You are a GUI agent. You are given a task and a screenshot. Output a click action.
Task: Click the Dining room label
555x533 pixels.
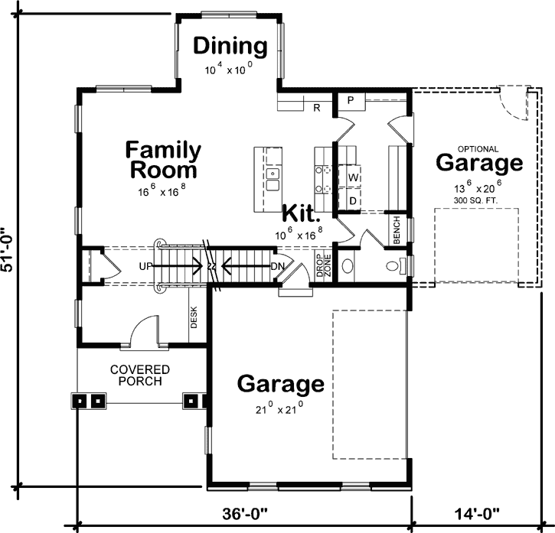coord(230,47)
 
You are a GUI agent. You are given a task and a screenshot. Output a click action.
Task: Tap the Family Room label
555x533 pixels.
coord(163,159)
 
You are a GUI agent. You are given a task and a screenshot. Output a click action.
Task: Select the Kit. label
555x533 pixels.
coord(302,213)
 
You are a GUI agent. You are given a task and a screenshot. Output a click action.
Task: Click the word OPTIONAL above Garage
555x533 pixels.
coord(478,149)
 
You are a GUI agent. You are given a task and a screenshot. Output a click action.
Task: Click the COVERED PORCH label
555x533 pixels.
coord(139,375)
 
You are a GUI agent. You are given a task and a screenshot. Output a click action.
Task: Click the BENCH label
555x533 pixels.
coord(397,230)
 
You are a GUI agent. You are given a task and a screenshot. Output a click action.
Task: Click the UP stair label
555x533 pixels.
coord(146,267)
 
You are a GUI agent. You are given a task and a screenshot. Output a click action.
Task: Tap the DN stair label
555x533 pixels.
coord(278,267)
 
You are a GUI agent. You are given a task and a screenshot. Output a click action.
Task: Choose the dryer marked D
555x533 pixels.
coord(353,200)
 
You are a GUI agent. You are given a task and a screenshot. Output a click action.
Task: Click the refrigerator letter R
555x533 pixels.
coord(315,107)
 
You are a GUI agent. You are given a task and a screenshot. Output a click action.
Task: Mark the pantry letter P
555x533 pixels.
coord(349,100)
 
